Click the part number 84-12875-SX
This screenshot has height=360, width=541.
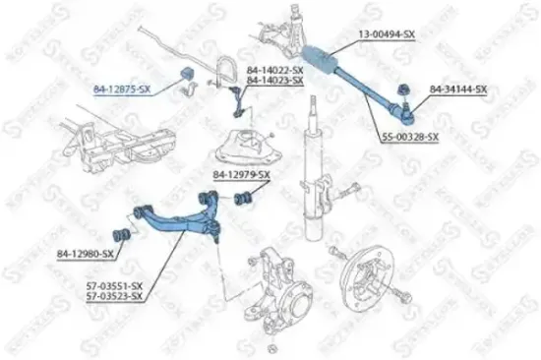point(122,90)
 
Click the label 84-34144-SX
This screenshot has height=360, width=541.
point(459,90)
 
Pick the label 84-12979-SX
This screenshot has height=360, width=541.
point(241,174)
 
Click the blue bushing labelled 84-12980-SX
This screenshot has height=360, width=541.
point(125,236)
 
